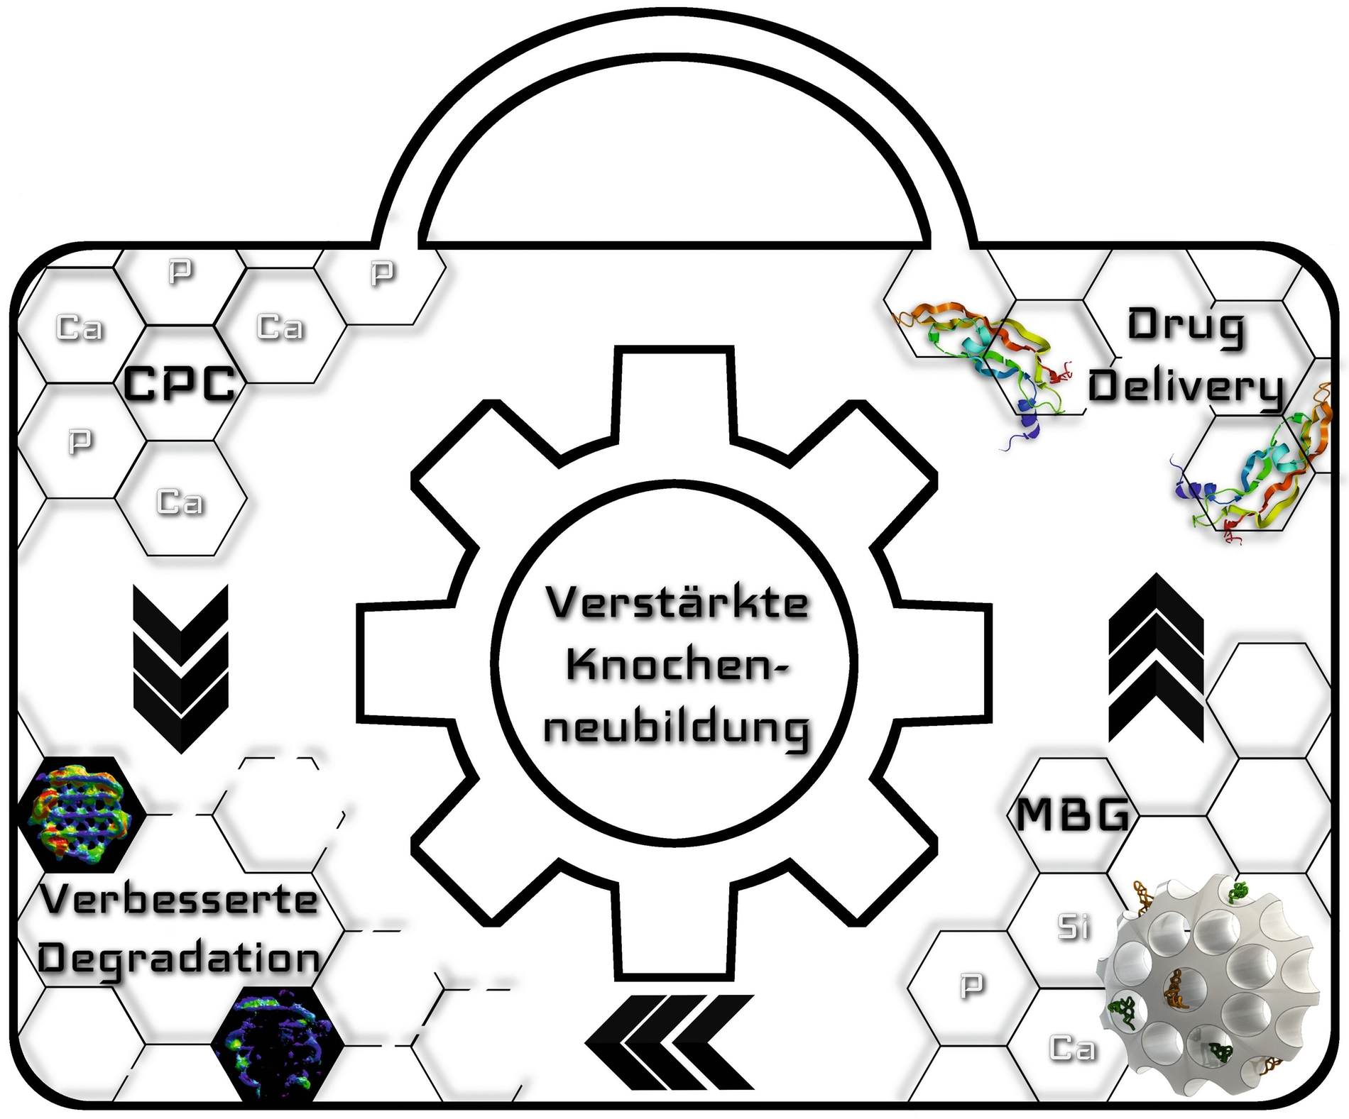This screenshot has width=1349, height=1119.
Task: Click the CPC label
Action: coord(179,384)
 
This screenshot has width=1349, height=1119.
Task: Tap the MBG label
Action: coord(1072,814)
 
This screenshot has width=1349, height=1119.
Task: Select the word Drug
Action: coord(1186,327)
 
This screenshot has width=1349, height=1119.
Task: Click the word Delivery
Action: coord(1186,387)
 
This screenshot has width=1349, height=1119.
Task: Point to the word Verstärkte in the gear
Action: coord(677,602)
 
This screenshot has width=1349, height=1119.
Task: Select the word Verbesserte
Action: coord(179,900)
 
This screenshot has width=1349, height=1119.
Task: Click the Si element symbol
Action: coord(1073,927)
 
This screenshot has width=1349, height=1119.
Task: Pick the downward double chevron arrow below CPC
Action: coord(181,667)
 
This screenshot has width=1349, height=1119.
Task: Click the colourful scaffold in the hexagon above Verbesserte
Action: coord(80,814)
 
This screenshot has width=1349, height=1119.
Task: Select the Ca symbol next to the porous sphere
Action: coord(1072,1047)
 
